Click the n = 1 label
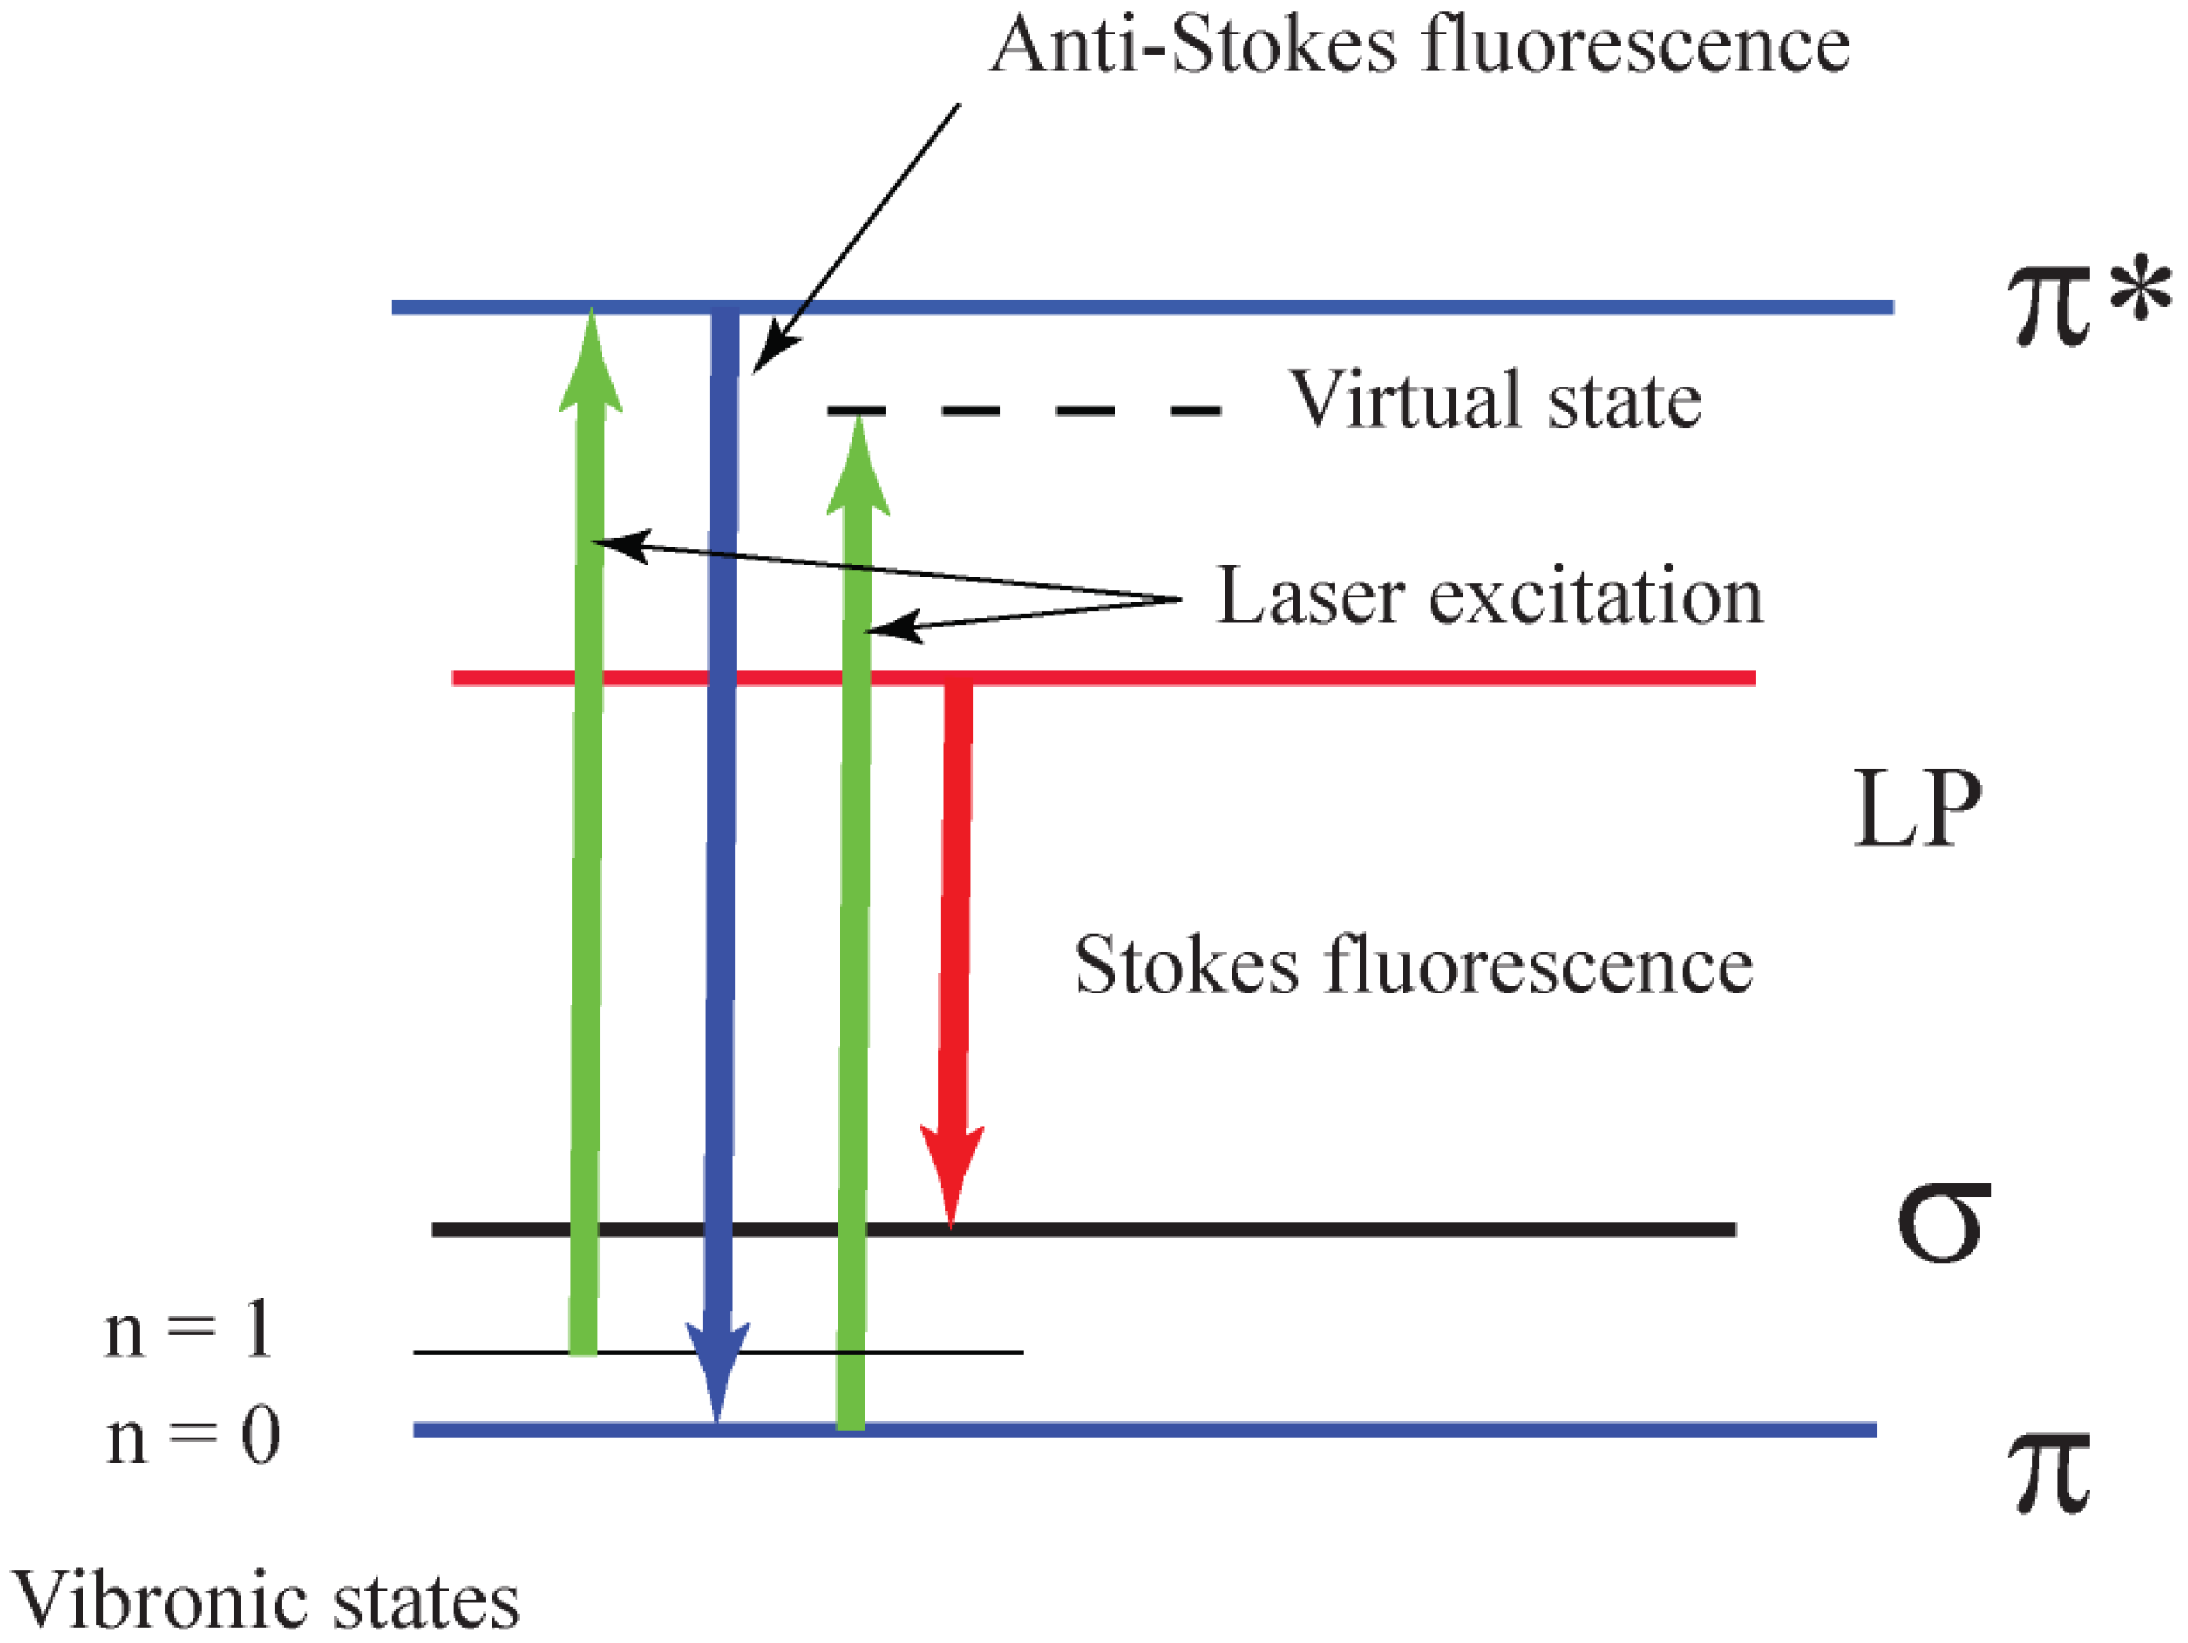point(188,1329)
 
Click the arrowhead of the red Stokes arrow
point(951,1172)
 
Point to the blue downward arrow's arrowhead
point(717,1370)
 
